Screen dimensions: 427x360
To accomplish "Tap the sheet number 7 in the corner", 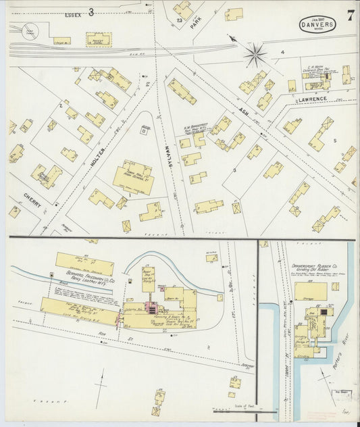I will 350,17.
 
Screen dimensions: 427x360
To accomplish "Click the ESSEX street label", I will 73,14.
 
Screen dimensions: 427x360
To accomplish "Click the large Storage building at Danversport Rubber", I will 310,292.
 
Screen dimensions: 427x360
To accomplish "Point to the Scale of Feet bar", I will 243,409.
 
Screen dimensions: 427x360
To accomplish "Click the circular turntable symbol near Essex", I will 30,30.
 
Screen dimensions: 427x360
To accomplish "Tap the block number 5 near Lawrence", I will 334,141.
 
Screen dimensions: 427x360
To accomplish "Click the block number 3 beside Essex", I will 90,11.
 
